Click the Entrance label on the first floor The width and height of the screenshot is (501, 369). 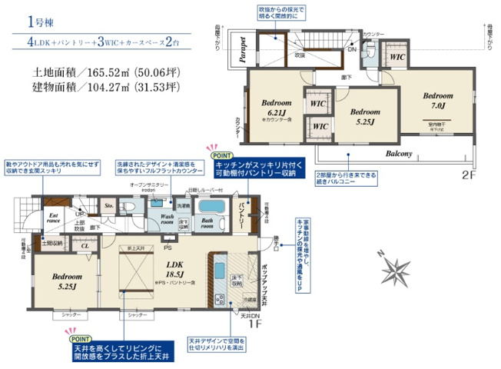point(54,218)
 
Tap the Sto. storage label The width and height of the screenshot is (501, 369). point(108,206)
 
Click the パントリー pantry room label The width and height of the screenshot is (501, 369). point(242,209)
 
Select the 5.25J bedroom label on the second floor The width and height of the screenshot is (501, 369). point(365,116)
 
